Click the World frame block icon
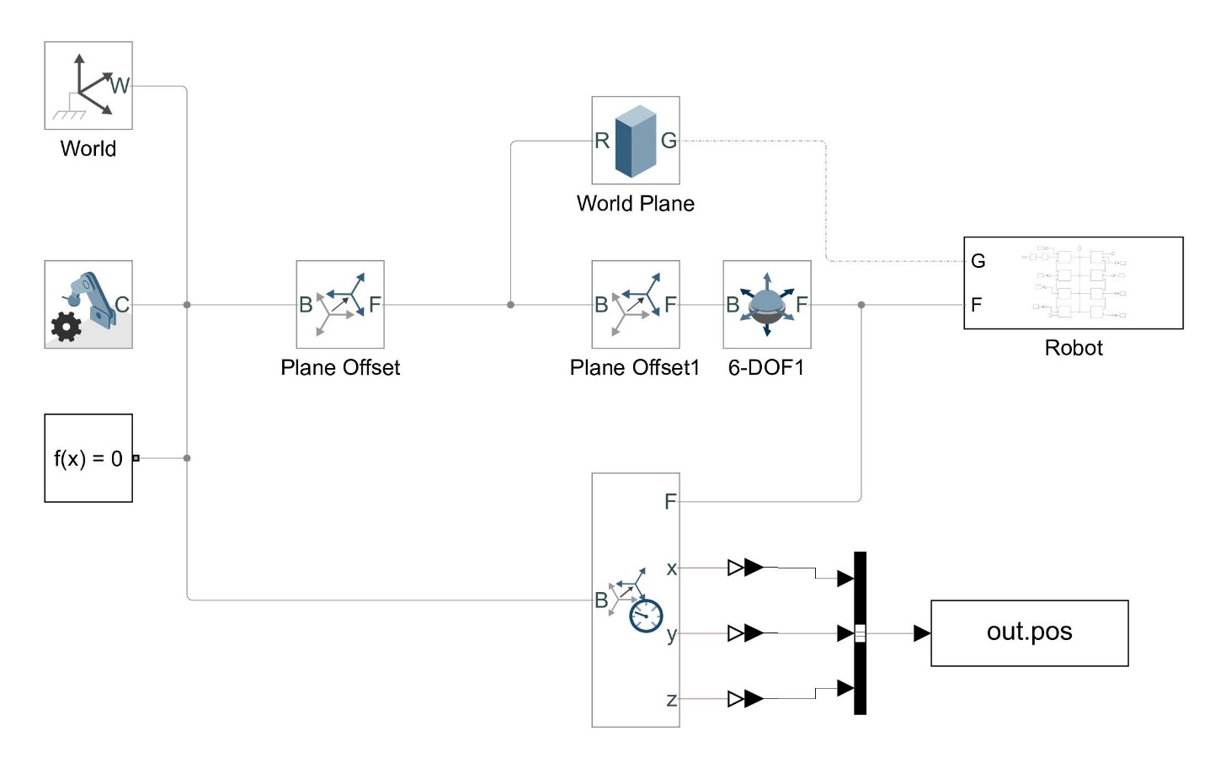pyautogui.click(x=88, y=86)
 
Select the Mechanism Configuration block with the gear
pyautogui.click(x=88, y=304)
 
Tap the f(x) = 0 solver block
pyautogui.click(x=88, y=458)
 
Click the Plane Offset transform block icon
pyautogui.click(x=340, y=304)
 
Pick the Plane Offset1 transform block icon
pyautogui.click(x=636, y=304)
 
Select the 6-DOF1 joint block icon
pyautogui.click(x=766, y=304)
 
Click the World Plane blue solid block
pyautogui.click(x=636, y=140)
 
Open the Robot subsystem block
pyautogui.click(x=1074, y=283)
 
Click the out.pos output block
pyautogui.click(x=1029, y=633)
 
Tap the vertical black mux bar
pyautogui.click(x=860, y=633)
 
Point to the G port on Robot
pyautogui.click(x=978, y=261)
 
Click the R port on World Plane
pyautogui.click(x=602, y=141)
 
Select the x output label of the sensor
pyautogui.click(x=671, y=568)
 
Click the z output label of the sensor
pyautogui.click(x=671, y=699)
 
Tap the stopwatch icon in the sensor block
pyautogui.click(x=647, y=616)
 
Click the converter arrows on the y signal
pyautogui.click(x=746, y=632)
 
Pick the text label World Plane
pyautogui.click(x=636, y=204)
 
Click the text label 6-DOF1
pyautogui.click(x=766, y=368)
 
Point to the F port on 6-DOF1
pyautogui.click(x=802, y=304)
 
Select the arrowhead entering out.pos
pyautogui.click(x=922, y=633)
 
